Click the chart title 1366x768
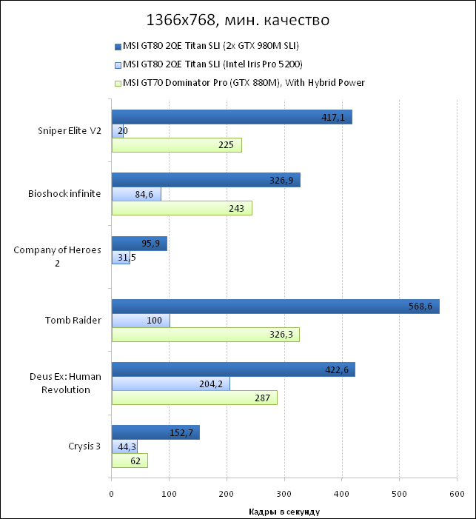pos(238,19)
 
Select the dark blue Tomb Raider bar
pos(275,307)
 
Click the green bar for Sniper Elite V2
pos(176,145)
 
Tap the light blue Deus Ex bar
pos(170,384)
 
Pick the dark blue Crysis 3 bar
pos(155,432)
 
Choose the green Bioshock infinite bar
pos(181,209)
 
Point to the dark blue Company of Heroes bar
pos(139,244)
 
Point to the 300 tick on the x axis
pos(284,494)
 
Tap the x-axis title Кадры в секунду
pos(284,510)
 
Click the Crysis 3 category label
pos(84,446)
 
